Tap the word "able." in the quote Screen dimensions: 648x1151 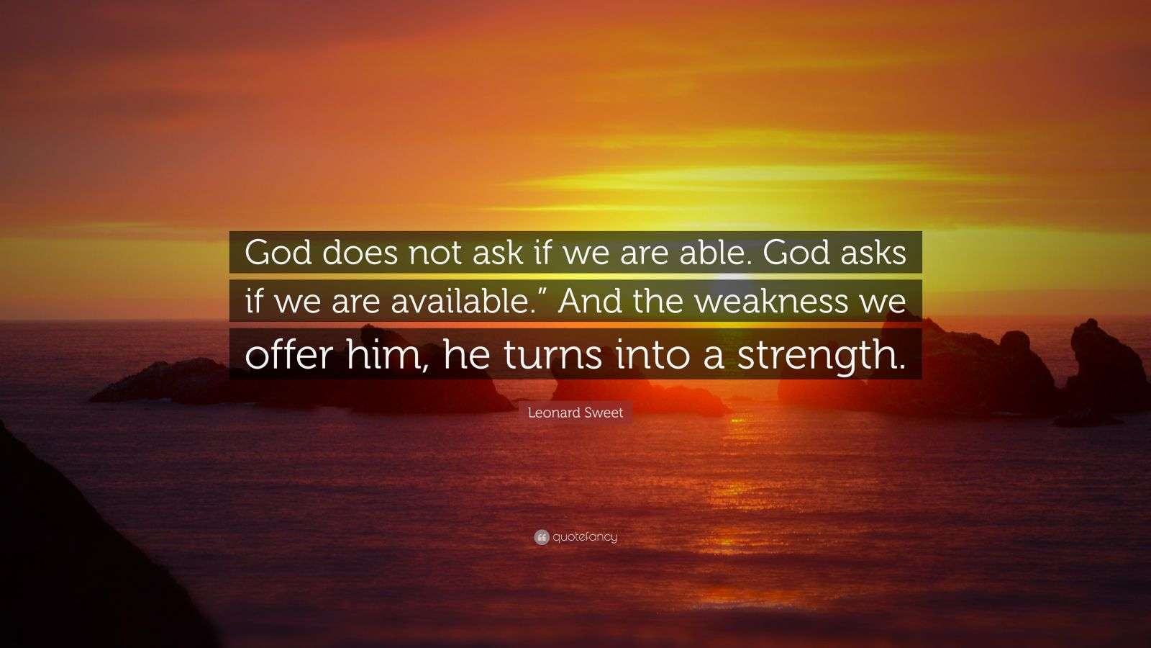click(708, 253)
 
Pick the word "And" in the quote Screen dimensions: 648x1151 click(591, 301)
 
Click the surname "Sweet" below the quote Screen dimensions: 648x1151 click(604, 413)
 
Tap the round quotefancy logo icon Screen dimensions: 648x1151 click(541, 537)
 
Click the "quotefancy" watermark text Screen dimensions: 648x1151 click(585, 537)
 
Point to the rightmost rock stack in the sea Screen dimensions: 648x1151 click(1104, 367)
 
